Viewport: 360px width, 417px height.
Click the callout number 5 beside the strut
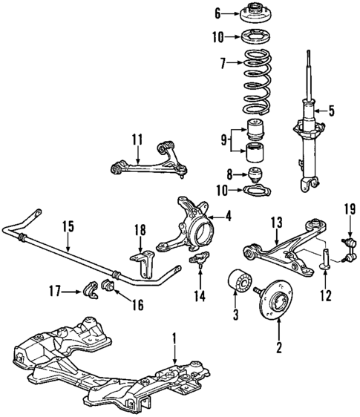331,112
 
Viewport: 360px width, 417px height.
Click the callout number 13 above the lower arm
276,221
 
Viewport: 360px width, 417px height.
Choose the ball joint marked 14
198,260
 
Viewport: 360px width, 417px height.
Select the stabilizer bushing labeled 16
107,287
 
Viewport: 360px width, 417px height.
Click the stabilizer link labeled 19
345,245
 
